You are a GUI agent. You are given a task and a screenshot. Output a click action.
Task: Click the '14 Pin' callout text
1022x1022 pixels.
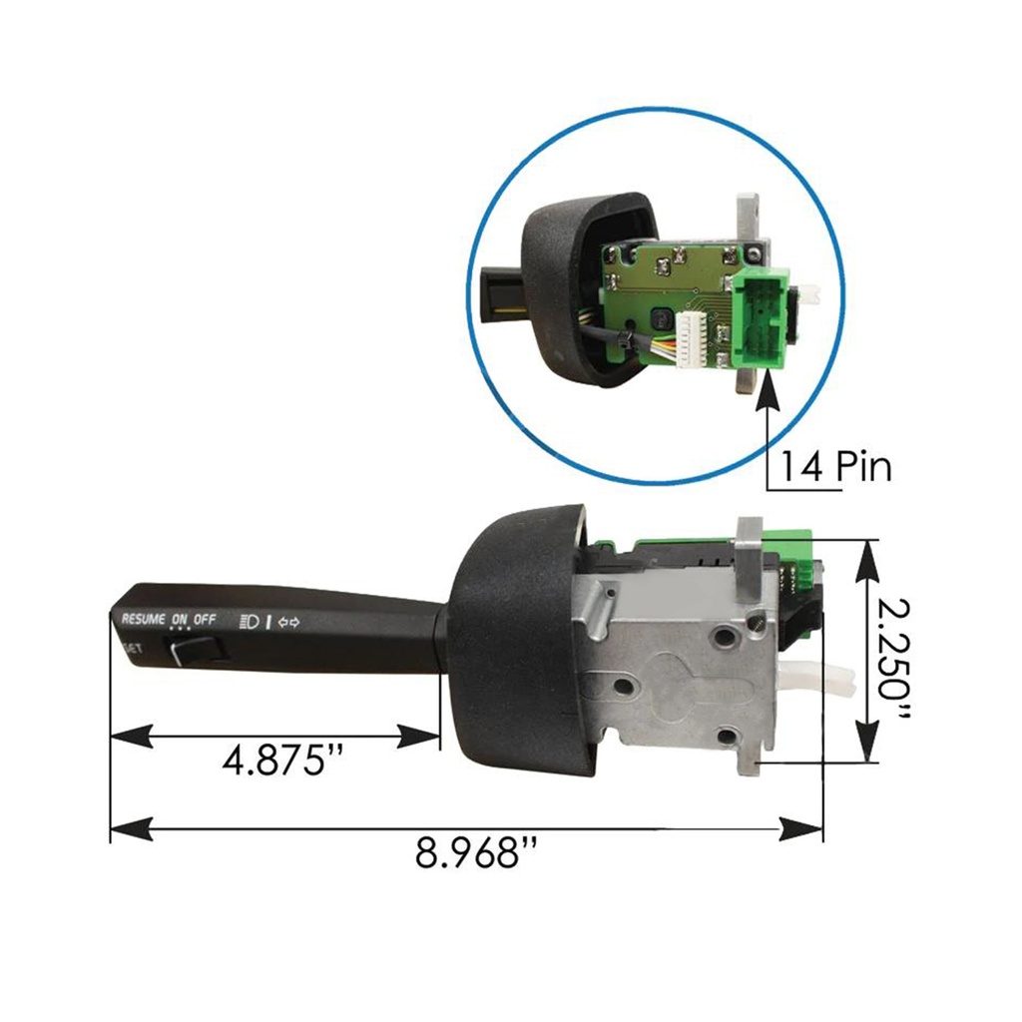[835, 466]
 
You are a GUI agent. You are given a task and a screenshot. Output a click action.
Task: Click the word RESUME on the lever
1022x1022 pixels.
[144, 619]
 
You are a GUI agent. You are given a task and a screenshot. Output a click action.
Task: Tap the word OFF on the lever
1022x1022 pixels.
[205, 619]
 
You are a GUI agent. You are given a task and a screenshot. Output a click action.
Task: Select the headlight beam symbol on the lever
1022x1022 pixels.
[250, 621]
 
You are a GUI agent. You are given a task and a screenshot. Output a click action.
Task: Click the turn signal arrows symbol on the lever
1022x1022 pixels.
[288, 622]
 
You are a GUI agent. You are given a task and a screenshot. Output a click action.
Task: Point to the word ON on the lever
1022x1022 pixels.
[179, 619]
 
